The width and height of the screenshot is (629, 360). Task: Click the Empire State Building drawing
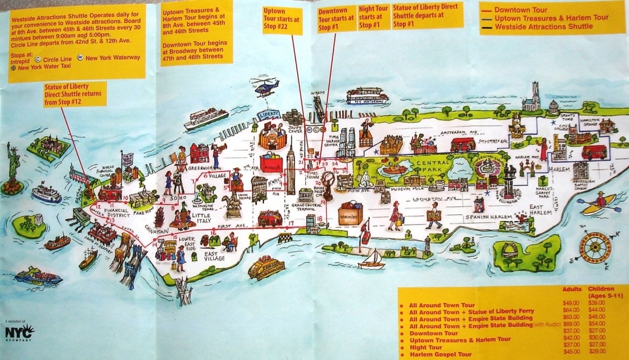click(291, 162)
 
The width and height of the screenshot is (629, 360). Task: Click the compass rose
click(595, 247)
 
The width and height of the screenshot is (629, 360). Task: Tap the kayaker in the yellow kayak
click(599, 203)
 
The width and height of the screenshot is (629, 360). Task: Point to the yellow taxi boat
click(266, 267)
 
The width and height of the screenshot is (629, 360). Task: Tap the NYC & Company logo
click(19, 332)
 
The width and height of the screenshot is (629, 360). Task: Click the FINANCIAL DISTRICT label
click(116, 212)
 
